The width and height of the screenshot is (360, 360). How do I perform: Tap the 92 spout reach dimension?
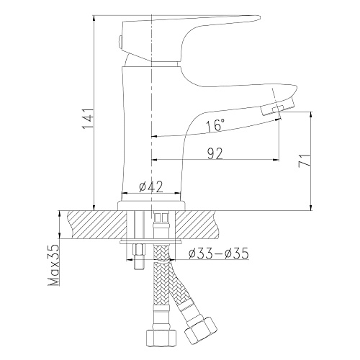click(x=215, y=153)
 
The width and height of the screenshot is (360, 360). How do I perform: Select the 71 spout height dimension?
click(x=305, y=161)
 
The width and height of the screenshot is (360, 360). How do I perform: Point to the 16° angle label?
click(x=215, y=125)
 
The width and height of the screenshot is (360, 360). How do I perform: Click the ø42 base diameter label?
click(x=151, y=186)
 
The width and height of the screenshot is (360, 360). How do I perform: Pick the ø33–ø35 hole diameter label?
click(x=218, y=253)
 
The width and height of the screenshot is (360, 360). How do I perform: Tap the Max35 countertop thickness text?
click(x=54, y=265)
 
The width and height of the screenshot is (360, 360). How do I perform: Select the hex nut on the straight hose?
click(x=161, y=338)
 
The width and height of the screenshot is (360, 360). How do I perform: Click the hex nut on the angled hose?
click(x=200, y=329)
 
